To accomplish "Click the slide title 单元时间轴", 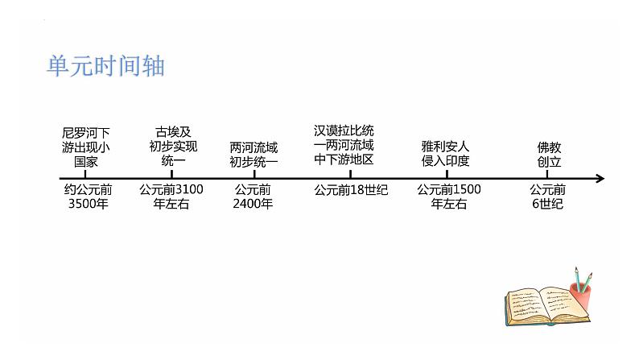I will coord(105,65).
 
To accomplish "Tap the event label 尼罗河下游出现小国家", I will coord(86,146).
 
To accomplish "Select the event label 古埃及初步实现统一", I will coord(173,146).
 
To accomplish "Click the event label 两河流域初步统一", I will coord(254,154).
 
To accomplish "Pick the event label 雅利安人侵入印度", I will coord(445,154).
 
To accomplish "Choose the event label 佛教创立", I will coord(549,154).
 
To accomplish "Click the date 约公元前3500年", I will coord(88,197).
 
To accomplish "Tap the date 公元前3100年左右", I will coord(171,197).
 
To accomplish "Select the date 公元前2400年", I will coord(253,197).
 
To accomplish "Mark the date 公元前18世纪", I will coord(351,190).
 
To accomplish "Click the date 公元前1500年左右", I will coord(449,197).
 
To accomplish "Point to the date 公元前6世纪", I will coord(548,197).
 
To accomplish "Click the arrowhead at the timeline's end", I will coord(599,179).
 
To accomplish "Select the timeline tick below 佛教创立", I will coord(547,175).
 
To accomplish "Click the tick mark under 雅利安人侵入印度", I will coord(446,175).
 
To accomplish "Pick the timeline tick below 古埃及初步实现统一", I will coord(173,175).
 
